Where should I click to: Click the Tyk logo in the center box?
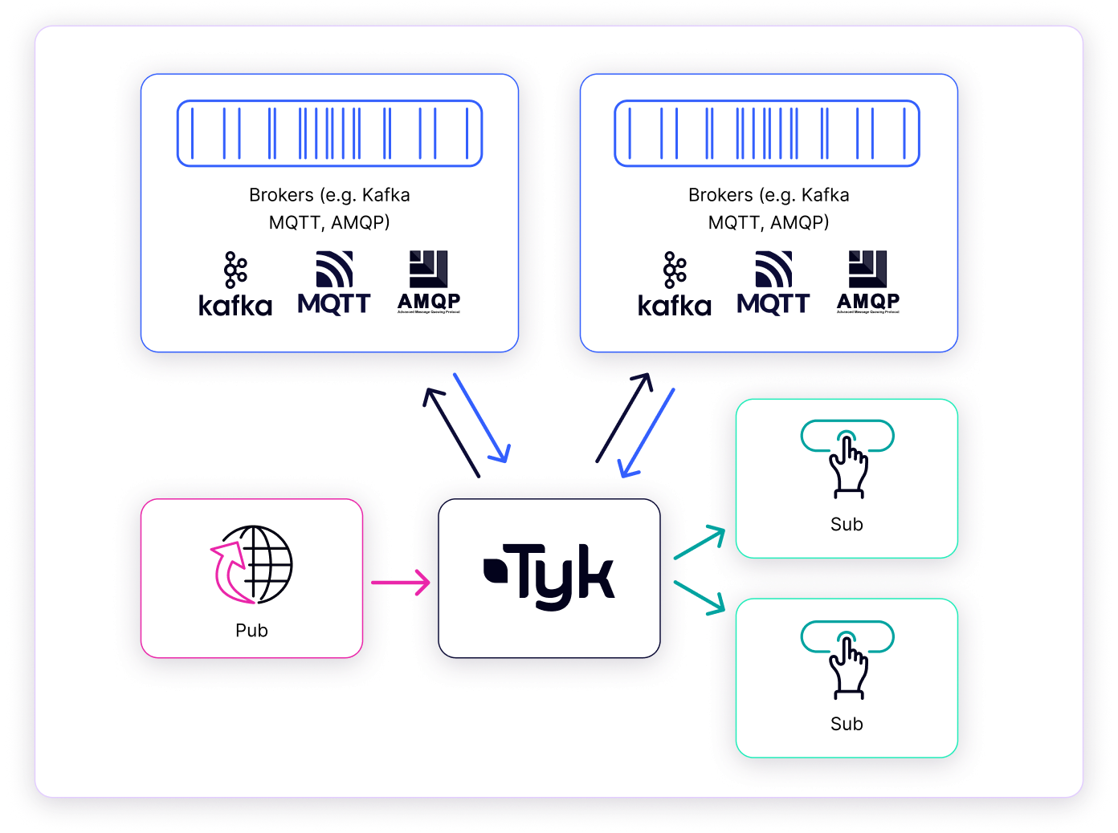point(549,576)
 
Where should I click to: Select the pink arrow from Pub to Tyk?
point(400,582)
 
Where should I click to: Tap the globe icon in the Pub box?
point(252,565)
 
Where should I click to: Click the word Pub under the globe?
point(251,631)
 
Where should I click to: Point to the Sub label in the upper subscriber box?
point(847,525)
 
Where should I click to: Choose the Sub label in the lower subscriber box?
point(847,724)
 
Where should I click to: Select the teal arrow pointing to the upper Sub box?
point(699,542)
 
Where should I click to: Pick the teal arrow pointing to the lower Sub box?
point(699,598)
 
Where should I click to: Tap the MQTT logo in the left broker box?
point(334,282)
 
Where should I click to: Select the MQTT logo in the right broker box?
point(773,282)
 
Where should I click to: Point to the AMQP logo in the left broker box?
point(429,282)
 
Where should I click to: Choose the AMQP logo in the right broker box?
point(868,282)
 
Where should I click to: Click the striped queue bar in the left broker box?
point(329,133)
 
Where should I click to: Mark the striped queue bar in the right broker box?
point(767,133)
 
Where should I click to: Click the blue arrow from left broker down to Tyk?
point(482,418)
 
